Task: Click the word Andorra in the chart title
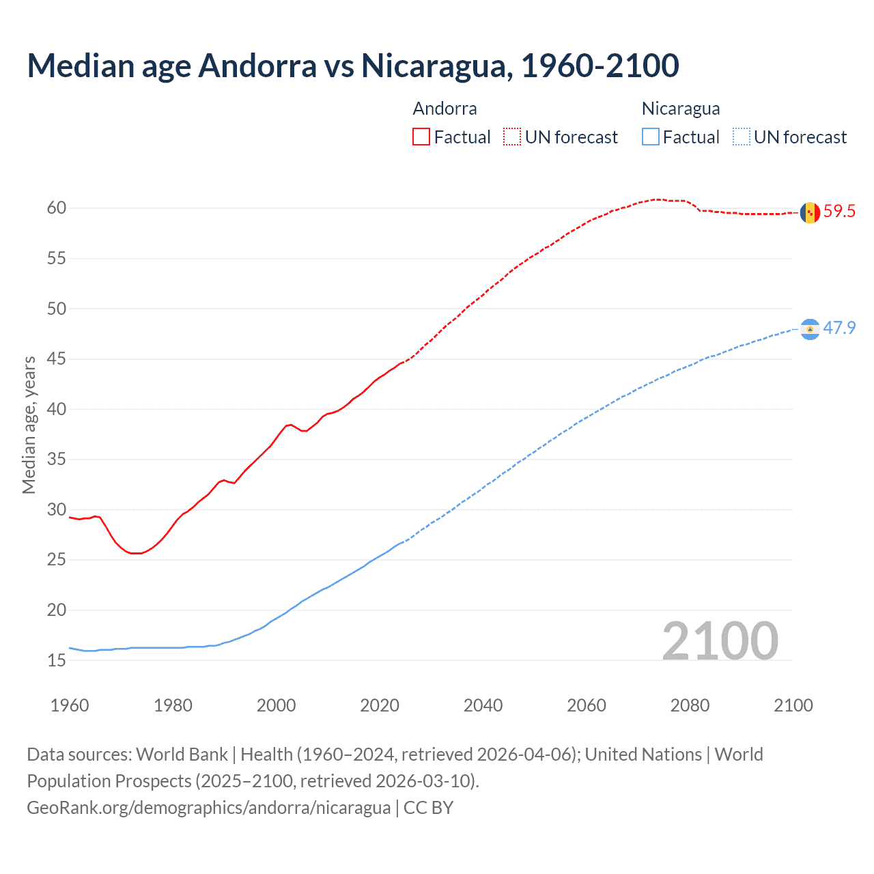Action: (x=257, y=66)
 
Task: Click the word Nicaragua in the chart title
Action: (x=437, y=66)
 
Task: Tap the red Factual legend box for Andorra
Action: (x=421, y=137)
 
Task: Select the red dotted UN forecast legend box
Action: (x=512, y=137)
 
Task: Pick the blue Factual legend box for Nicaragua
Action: (x=651, y=137)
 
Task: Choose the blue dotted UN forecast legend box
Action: (x=742, y=137)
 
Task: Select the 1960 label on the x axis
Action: (x=70, y=705)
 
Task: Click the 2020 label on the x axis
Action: (x=380, y=705)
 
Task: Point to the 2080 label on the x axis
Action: (x=690, y=705)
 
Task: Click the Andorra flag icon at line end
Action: (x=810, y=213)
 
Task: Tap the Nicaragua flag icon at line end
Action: (x=810, y=329)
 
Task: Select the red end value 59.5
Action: (x=839, y=212)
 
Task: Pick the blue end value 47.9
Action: (x=839, y=328)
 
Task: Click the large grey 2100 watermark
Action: (x=720, y=641)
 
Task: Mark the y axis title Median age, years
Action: (x=29, y=425)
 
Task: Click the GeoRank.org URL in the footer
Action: (x=208, y=808)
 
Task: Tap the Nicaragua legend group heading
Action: (x=681, y=109)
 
